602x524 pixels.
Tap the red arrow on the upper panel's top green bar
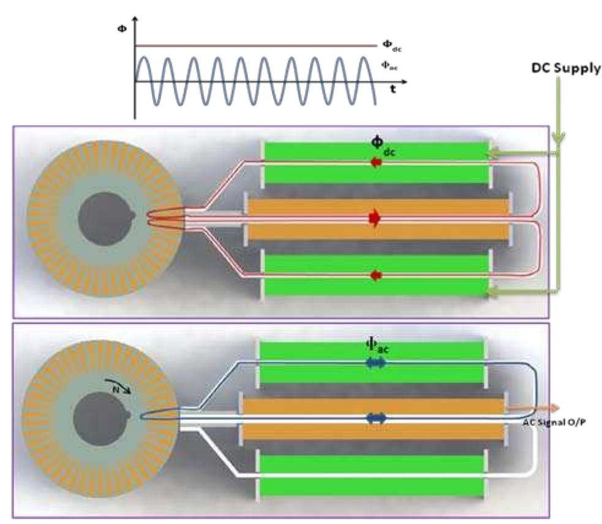click(x=374, y=163)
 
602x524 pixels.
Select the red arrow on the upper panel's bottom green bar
click(x=375, y=276)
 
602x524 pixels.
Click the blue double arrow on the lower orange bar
click(x=375, y=418)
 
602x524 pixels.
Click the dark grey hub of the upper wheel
click(x=103, y=218)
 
